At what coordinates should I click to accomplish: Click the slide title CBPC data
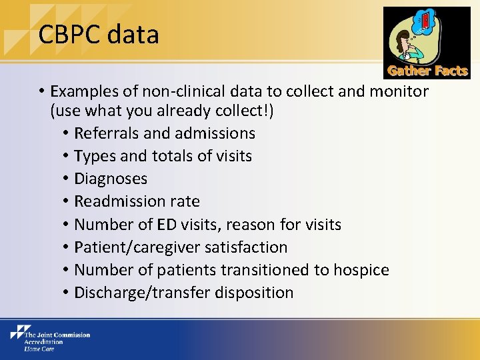coord(99,35)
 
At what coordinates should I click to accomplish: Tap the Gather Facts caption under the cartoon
coord(427,71)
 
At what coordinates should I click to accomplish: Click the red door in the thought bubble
coord(426,22)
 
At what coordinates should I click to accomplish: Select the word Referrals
coord(107,133)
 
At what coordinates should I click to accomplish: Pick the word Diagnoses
coord(111,179)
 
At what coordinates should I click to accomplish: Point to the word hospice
coord(361,270)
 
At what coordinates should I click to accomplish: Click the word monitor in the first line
coord(400,91)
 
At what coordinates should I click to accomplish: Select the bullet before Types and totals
coord(66,157)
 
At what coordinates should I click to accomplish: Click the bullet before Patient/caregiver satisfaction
coord(66,247)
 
